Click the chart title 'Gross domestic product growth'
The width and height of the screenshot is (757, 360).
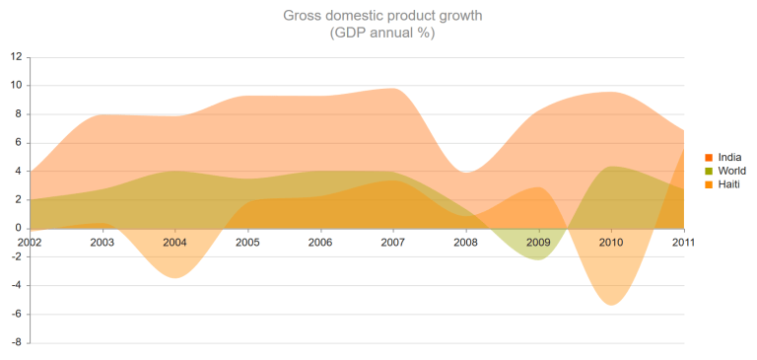[x=382, y=16]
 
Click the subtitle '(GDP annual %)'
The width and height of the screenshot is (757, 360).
[x=382, y=33]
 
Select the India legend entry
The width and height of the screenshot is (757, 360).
[x=729, y=157]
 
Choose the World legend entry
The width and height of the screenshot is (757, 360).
[x=731, y=171]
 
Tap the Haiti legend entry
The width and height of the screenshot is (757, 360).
[x=728, y=184]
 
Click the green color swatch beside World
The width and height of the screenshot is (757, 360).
[x=709, y=171]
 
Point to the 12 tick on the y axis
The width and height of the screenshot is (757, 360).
[x=16, y=57]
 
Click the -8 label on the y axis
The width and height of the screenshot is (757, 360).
[x=16, y=343]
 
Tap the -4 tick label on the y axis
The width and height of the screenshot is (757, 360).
[x=16, y=286]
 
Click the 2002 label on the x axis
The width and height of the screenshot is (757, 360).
[x=30, y=242]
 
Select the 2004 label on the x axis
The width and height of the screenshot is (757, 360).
[x=174, y=242]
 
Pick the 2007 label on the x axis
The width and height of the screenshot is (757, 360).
[x=393, y=242]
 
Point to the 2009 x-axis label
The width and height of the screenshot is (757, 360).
[x=538, y=242]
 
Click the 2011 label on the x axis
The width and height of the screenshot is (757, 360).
[x=683, y=242]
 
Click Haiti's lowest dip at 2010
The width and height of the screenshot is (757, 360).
[x=612, y=301]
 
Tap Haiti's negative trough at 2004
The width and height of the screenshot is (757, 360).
[x=174, y=275]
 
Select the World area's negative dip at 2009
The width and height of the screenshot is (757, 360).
[x=538, y=256]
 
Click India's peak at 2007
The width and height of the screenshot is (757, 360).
[x=393, y=90]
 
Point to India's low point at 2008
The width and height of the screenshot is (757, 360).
[x=466, y=173]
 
